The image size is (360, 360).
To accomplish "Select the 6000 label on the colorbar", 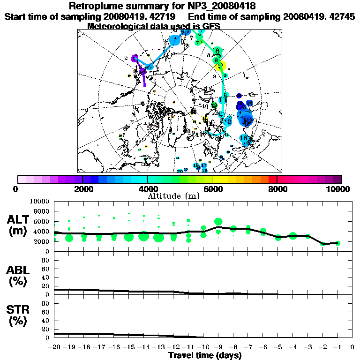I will pos(212,189).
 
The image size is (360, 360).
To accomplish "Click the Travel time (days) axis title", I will pos(205,355).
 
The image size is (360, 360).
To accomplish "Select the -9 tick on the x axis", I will pos(218,347).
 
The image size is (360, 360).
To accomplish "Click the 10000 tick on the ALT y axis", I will pos(40,201).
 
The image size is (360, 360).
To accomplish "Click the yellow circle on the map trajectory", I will pos(222,66).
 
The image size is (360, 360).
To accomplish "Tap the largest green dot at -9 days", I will pos(218,222).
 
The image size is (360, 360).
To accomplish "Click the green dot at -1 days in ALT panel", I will pos(337,243).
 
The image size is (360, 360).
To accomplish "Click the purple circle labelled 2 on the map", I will pos(135,59).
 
